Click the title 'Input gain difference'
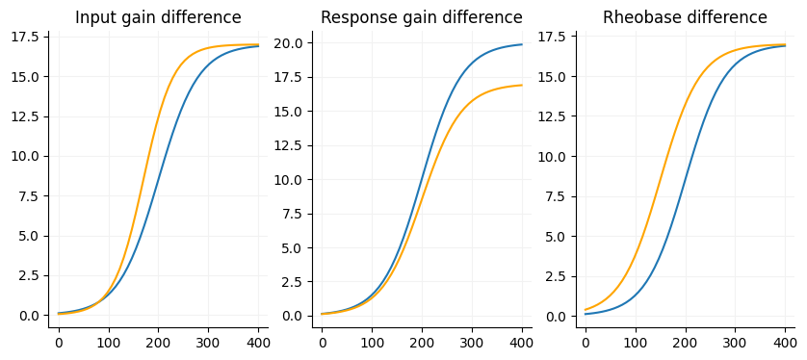click(158, 17)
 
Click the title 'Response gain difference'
click(421, 17)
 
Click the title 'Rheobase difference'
click(685, 17)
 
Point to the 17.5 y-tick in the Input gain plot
click(25, 37)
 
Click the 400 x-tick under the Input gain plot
click(258, 342)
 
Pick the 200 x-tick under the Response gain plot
click(422, 342)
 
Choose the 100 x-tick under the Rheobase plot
click(636, 342)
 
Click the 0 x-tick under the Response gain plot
click(322, 342)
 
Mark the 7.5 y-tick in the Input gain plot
click(29, 196)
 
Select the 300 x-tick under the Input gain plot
click(208, 342)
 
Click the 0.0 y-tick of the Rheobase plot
click(556, 316)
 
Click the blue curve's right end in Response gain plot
click(522, 44)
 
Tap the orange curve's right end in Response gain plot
click(522, 86)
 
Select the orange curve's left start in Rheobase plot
click(586, 310)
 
